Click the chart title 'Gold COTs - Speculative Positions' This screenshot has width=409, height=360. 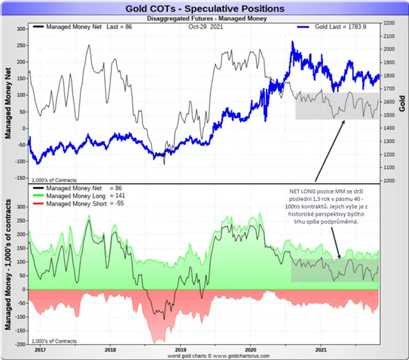(x=205, y=9)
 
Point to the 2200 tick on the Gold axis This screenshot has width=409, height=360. (x=388, y=22)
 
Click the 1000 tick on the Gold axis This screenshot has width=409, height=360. (x=388, y=181)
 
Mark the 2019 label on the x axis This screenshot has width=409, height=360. (x=181, y=349)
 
